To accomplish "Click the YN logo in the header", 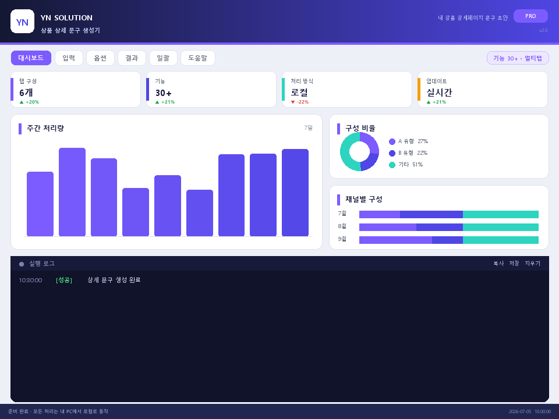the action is coord(23,22).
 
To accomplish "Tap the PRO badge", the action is coord(530,16).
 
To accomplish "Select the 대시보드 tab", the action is coord(31,58).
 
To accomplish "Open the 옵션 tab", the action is coord(100,58).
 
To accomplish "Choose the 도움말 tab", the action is coord(198,58).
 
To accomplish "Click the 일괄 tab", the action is coord(163,58).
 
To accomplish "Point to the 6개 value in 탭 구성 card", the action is coord(26,93).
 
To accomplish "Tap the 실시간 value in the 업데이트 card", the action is coord(439,93).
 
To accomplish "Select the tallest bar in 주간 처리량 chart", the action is coord(72,192).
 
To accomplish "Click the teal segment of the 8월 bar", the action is coord(501,228).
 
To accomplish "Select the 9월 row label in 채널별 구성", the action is coord(342,239).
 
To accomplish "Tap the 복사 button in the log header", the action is coord(498,263).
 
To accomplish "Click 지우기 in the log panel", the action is coord(532,263).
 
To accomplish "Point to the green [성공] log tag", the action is coord(64,280).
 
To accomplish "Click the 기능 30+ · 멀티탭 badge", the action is coord(518,58).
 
